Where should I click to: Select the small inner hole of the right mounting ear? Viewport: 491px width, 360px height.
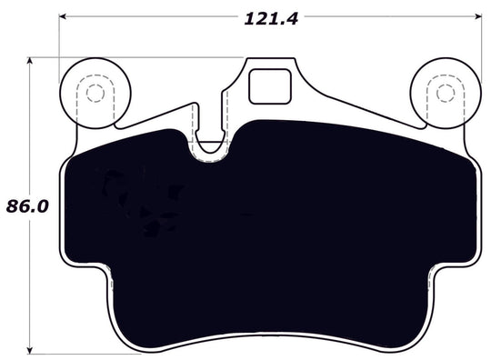444,92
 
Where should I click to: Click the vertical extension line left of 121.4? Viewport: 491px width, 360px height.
62,41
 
